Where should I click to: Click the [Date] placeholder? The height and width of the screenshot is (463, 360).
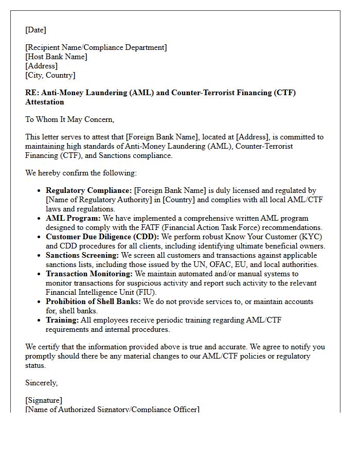pyautogui.click(x=35, y=30)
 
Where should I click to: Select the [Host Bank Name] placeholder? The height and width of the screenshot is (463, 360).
pyautogui.click(x=56, y=57)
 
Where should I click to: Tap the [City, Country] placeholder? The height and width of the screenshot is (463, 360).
pyautogui.click(x=50, y=75)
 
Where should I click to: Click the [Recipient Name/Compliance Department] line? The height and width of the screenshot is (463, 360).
pyautogui.click(x=96, y=47)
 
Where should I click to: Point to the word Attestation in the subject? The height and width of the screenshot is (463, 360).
pyautogui.click(x=45, y=102)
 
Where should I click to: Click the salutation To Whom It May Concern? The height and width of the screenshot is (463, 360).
pyautogui.click(x=69, y=119)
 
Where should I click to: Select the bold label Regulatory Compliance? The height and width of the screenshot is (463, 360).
pyautogui.click(x=89, y=190)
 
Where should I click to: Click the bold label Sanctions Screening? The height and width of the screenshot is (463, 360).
pyautogui.click(x=82, y=255)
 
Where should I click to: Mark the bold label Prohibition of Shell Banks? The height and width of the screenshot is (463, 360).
pyautogui.click(x=93, y=301)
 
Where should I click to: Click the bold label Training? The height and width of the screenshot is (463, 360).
pyautogui.click(x=62, y=320)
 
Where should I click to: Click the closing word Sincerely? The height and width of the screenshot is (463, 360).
pyautogui.click(x=41, y=383)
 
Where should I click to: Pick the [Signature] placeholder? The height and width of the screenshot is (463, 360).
pyautogui.click(x=44, y=400)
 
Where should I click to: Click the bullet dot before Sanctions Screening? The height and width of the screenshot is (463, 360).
pyautogui.click(x=39, y=256)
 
